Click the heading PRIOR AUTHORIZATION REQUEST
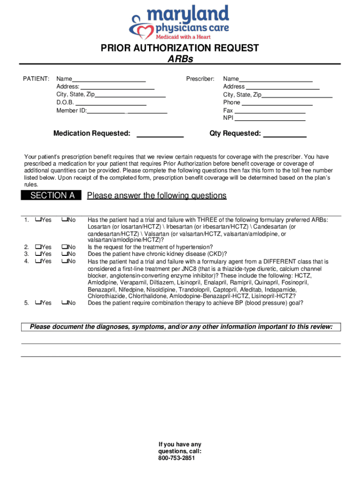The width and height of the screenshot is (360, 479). click(x=180, y=48)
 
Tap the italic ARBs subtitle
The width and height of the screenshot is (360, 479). click(x=180, y=59)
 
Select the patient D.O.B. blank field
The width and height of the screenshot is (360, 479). click(x=111, y=102)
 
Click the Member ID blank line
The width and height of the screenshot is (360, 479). click(x=127, y=111)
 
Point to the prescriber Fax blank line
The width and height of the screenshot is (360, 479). click(x=270, y=111)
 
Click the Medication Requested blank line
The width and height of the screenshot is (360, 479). click(x=160, y=134)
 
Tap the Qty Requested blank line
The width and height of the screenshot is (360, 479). click(x=285, y=134)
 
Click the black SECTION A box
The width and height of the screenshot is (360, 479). click(x=51, y=196)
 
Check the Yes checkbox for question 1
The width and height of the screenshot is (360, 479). click(x=37, y=220)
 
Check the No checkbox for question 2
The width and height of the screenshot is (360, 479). click(x=64, y=247)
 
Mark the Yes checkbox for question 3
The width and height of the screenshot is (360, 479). click(x=37, y=254)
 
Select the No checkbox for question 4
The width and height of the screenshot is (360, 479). click(x=64, y=261)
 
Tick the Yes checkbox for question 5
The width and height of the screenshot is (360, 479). click(x=37, y=303)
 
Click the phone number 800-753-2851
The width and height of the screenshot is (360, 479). click(x=180, y=458)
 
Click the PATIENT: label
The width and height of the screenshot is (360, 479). click(x=36, y=79)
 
